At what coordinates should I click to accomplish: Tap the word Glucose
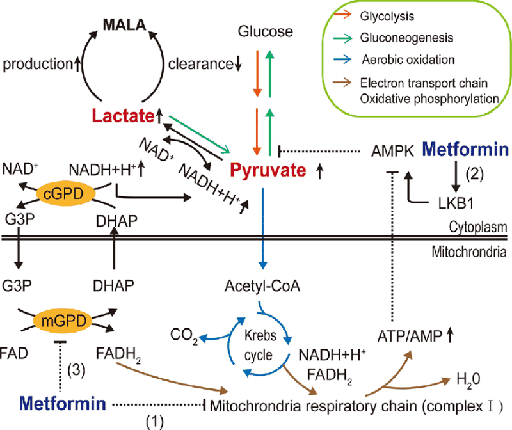tap(264, 31)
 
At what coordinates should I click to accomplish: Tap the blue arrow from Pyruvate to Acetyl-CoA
tap(261, 224)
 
